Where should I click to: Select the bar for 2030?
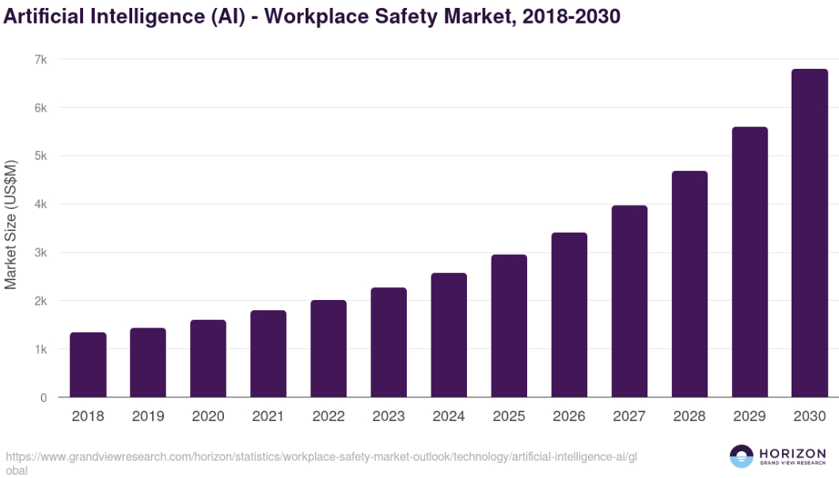[x=810, y=233]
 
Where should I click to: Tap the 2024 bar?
[x=449, y=335]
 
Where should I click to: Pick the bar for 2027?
[x=629, y=301]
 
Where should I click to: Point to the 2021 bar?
[x=268, y=353]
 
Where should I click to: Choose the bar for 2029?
[x=750, y=262]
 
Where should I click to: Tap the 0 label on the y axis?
[x=44, y=397]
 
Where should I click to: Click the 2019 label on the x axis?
[x=148, y=416]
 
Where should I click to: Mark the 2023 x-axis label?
[x=389, y=416]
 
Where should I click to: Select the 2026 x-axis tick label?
[x=569, y=416]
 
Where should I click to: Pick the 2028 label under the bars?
[x=689, y=416]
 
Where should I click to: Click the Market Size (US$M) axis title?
[x=11, y=225]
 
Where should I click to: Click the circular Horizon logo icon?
[x=742, y=457]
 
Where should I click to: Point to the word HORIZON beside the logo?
[x=792, y=453]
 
